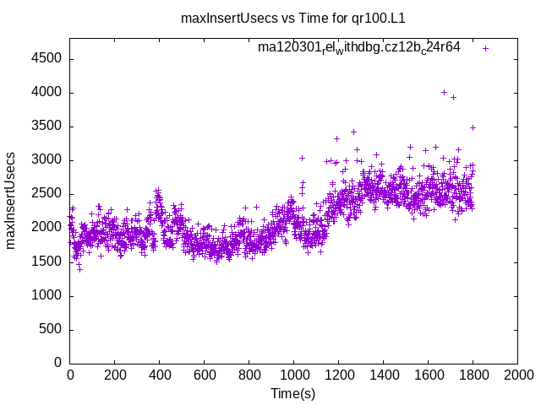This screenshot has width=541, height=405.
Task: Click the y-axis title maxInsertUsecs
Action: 11,201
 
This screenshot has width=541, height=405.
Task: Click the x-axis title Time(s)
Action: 293,393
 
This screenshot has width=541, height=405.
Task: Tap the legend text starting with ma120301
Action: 359,48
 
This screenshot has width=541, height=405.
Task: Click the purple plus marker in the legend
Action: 485,48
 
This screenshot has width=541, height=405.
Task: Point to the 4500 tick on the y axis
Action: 46,58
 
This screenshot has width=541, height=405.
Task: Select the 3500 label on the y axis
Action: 46,127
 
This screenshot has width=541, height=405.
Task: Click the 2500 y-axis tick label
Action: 46,194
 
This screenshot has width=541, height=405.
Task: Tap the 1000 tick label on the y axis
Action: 46,295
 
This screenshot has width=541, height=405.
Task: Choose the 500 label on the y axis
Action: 50,329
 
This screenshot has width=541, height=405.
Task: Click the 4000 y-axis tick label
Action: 46,93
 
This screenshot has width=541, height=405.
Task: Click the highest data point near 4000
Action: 444,92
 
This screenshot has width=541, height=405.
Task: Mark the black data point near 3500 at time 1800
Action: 473,127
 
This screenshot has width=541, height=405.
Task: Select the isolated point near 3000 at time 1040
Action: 302,158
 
